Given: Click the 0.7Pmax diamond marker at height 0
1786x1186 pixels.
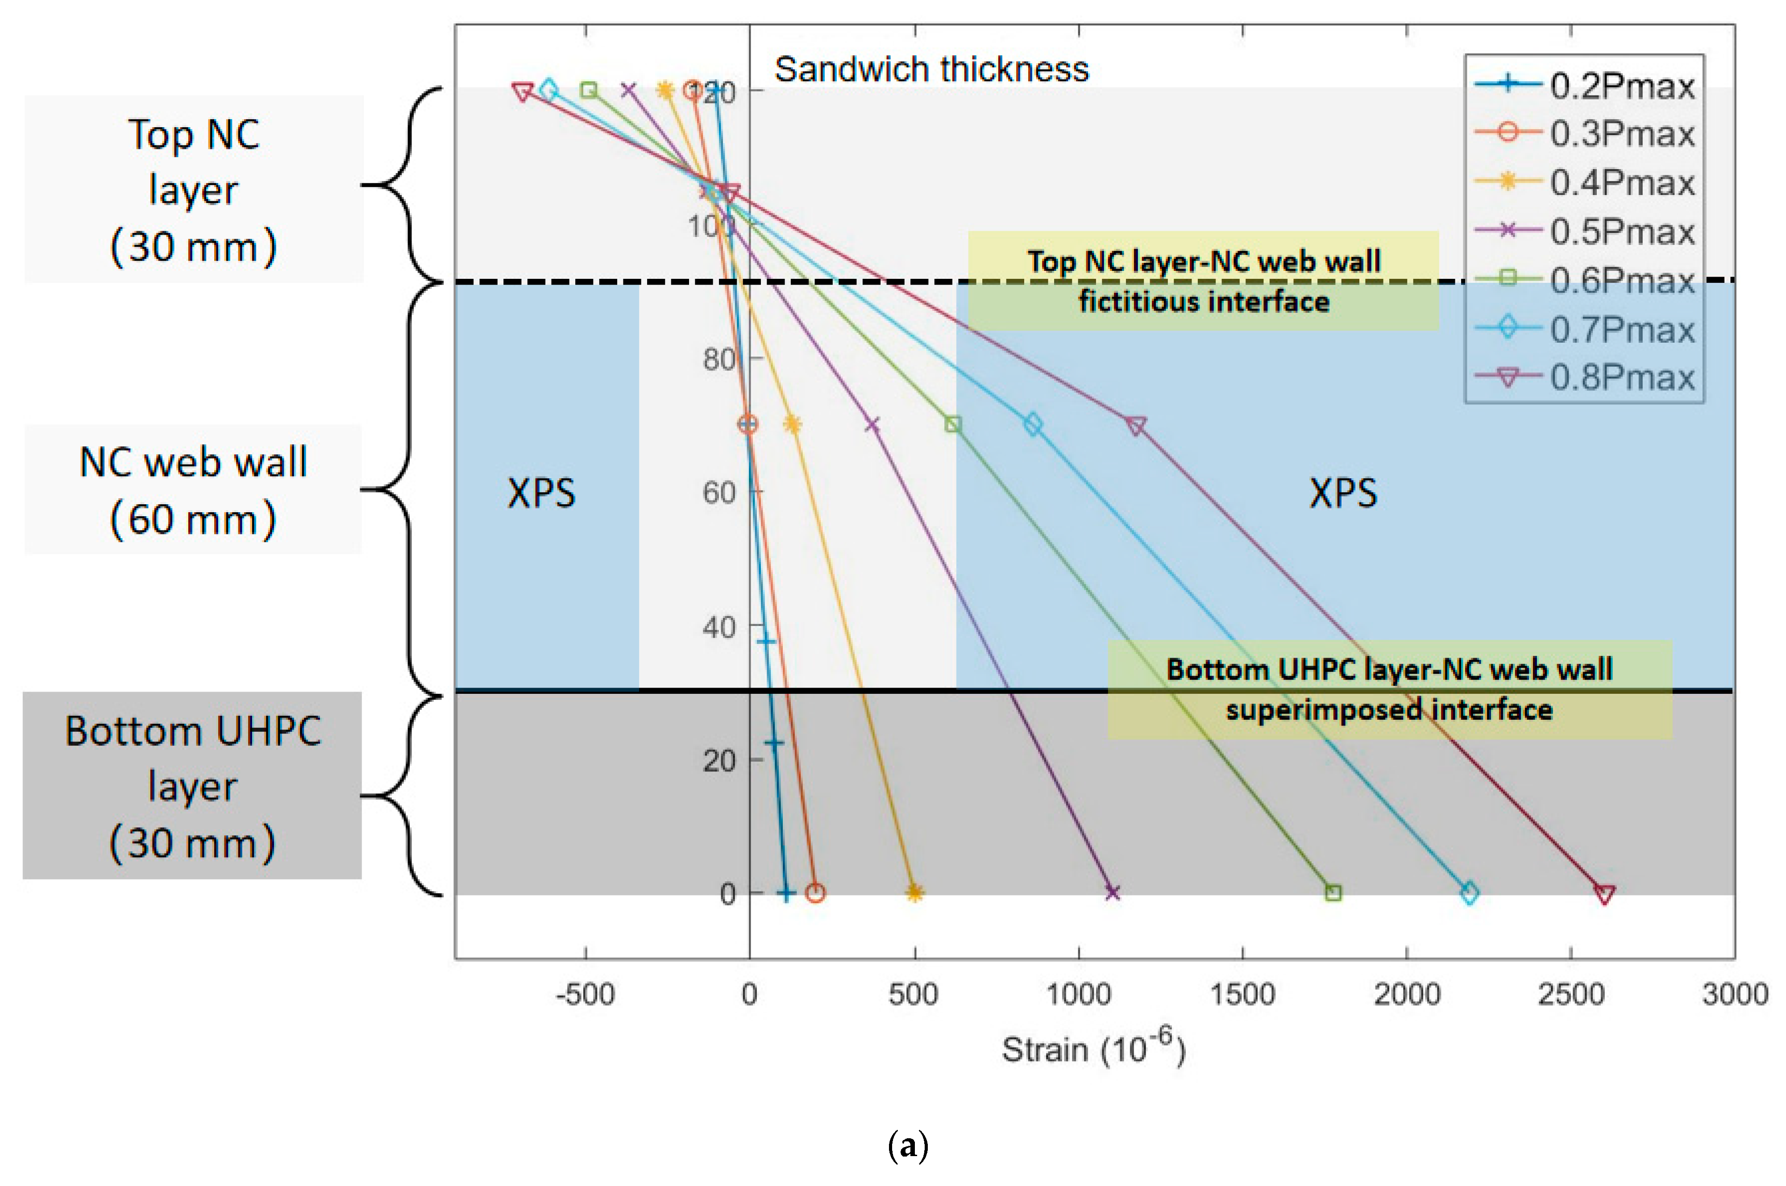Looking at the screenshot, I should [x=1469, y=893].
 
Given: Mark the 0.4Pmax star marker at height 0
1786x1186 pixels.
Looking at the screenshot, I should [x=914, y=893].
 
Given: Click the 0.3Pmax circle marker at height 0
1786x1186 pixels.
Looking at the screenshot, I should [x=815, y=893].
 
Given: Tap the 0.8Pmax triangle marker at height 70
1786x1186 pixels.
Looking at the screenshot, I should [x=1135, y=426].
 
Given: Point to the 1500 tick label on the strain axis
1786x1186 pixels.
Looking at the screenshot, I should [x=1242, y=994].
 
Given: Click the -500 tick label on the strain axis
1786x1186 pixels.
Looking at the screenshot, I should [x=585, y=994].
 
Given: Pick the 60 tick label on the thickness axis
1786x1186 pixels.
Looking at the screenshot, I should [x=719, y=493].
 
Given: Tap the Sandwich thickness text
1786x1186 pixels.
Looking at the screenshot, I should [x=931, y=70].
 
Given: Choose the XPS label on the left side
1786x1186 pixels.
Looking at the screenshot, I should [x=541, y=493].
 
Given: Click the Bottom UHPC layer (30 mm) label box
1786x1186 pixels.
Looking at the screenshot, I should [x=192, y=785].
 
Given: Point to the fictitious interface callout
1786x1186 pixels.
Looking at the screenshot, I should [x=1203, y=281].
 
